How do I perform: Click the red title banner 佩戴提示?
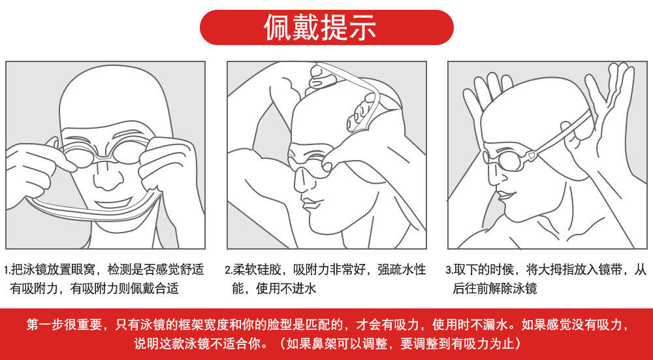(326, 27)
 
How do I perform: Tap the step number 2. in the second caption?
(228, 270)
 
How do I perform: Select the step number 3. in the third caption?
(449, 270)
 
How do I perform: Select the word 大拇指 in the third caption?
(556, 270)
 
